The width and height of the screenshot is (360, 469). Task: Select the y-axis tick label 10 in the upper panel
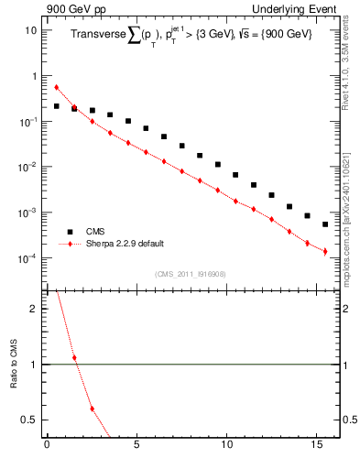click(x=31, y=30)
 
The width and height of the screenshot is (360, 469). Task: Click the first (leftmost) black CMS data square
click(x=56, y=106)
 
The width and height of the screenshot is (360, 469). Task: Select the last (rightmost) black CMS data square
click(x=325, y=224)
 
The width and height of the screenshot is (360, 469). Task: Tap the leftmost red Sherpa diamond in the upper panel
click(x=56, y=87)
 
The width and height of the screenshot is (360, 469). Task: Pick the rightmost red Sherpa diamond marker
click(x=325, y=251)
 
